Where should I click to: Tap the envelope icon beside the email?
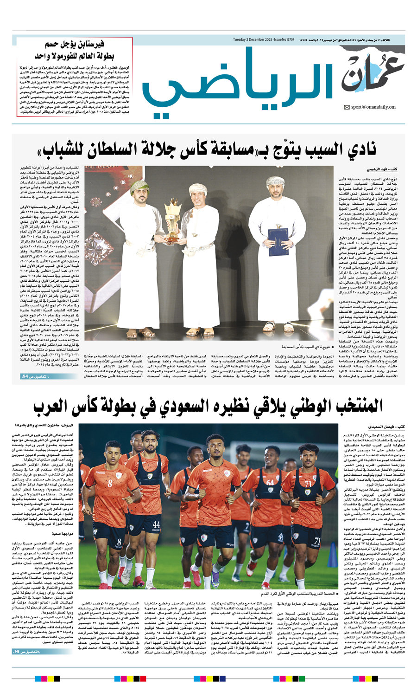click(347, 108)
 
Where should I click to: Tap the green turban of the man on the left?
click(139, 187)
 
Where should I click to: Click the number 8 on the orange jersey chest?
click(110, 483)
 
